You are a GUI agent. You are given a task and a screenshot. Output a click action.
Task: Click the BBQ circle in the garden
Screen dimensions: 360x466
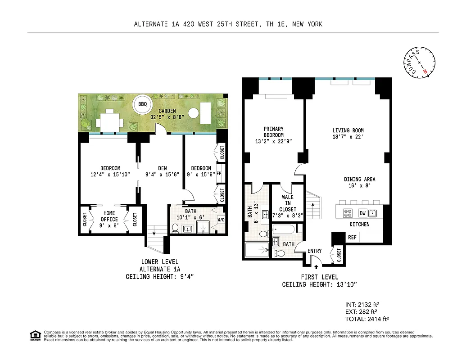click(142, 104)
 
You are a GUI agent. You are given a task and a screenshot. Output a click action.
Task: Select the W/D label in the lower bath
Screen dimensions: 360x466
click(221, 220)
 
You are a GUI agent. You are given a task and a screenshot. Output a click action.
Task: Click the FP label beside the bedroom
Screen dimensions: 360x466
click(219, 173)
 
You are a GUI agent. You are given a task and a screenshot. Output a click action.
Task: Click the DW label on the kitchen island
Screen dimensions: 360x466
click(362, 213)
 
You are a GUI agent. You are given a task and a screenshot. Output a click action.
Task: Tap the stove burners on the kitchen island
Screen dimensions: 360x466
click(348, 213)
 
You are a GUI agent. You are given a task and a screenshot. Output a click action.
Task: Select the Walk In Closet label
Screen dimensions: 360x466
click(288, 203)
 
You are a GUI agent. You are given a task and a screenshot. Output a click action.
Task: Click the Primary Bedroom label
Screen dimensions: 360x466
click(273, 132)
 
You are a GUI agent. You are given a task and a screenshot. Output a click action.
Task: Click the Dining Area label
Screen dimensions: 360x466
click(359, 179)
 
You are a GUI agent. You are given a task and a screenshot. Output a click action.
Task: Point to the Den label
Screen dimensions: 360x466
click(156, 168)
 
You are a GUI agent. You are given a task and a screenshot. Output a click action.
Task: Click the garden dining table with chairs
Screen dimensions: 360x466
click(110, 121)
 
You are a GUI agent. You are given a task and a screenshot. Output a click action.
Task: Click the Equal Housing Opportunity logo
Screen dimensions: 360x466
click(34, 335)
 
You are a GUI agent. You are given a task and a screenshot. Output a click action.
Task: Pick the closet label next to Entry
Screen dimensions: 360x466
click(339, 255)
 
